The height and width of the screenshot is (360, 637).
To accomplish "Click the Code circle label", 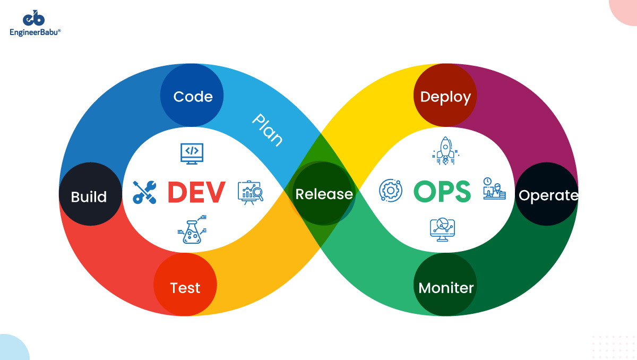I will click(193, 97).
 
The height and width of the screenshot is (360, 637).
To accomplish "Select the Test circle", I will click(185, 287).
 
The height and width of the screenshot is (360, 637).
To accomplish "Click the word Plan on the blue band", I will click(267, 129).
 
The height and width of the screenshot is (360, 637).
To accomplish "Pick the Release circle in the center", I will click(324, 194).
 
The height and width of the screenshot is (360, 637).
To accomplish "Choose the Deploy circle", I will click(445, 97).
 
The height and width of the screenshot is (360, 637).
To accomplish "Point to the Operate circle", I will click(547, 195).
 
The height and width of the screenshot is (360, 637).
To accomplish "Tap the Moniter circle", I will click(445, 287).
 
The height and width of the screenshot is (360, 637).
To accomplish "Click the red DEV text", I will click(196, 192).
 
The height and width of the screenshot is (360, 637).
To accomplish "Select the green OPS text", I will click(442, 192).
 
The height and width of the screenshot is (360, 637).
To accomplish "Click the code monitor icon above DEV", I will click(192, 152).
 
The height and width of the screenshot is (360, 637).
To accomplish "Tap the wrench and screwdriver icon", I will click(144, 192).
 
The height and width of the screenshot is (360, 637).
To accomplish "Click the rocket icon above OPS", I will click(445, 151).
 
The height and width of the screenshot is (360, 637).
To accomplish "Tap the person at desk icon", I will click(494, 189).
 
